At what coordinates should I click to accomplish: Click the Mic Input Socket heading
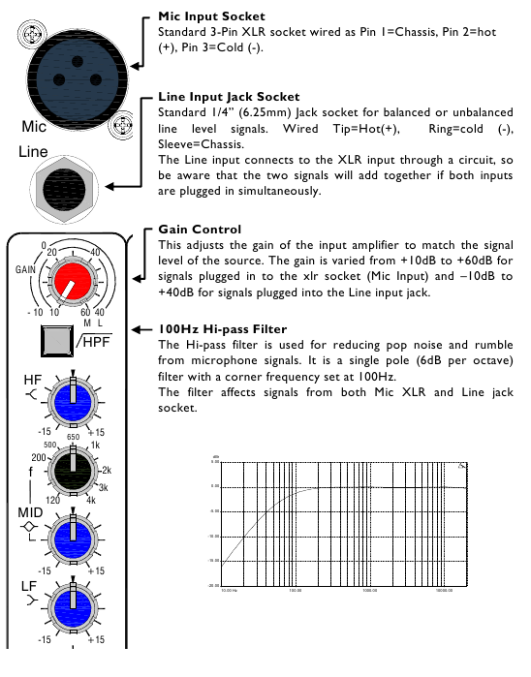(x=211, y=17)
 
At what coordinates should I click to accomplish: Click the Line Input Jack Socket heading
(x=228, y=97)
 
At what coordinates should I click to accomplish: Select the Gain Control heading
(x=200, y=230)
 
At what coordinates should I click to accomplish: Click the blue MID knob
(x=73, y=534)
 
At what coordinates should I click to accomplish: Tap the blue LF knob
(x=73, y=601)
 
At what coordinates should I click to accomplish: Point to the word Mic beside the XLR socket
(x=34, y=127)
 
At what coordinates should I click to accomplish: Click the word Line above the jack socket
(x=34, y=153)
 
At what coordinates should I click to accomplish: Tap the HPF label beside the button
(x=95, y=342)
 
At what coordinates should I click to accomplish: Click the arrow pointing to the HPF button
(x=141, y=331)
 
